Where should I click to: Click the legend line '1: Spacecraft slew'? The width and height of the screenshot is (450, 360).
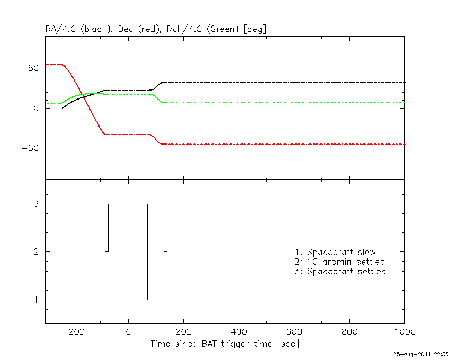pyautogui.click(x=335, y=252)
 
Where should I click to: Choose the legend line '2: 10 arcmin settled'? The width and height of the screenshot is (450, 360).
pyautogui.click(x=339, y=262)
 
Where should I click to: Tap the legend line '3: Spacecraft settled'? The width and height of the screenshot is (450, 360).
pyautogui.click(x=340, y=272)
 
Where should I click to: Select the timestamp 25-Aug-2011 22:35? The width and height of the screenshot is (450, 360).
pyautogui.click(x=421, y=354)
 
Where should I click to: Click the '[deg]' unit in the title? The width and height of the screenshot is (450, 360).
pyautogui.click(x=254, y=30)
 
